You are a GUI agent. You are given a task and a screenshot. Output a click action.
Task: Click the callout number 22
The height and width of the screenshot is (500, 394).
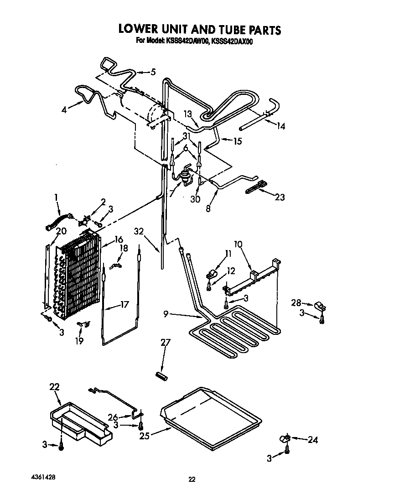[x=55, y=387]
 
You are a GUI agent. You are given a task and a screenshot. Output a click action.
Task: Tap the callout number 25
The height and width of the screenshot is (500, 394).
[x=145, y=436]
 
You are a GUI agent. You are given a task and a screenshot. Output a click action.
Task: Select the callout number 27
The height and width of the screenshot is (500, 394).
[x=164, y=343]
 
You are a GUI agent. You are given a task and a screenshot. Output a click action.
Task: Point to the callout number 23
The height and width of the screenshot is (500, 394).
[x=280, y=197]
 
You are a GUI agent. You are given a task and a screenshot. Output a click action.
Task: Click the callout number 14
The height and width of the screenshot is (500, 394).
[x=280, y=126]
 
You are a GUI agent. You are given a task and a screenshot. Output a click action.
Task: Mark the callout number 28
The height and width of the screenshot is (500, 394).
[x=296, y=303]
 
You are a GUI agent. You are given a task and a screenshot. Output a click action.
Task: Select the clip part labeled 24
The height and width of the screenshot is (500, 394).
[x=284, y=439]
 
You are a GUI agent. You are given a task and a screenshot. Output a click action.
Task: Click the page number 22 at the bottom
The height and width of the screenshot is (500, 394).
[x=192, y=479]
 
